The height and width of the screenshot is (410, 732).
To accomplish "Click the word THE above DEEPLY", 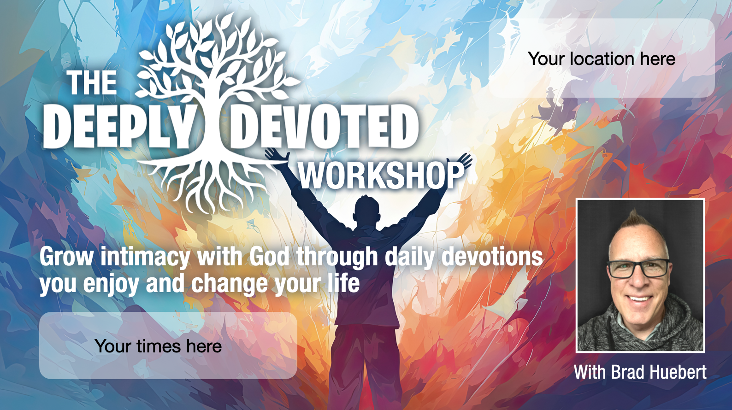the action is (92, 83).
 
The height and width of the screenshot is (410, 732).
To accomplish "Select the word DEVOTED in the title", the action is (324, 127).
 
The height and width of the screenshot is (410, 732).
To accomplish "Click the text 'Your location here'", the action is (602, 59).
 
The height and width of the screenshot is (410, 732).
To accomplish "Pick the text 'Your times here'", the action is (158, 346).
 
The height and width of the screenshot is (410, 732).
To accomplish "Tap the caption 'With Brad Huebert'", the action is (640, 372).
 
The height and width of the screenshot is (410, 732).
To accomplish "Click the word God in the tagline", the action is (269, 257).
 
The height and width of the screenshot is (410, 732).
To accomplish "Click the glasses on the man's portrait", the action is (638, 269).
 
